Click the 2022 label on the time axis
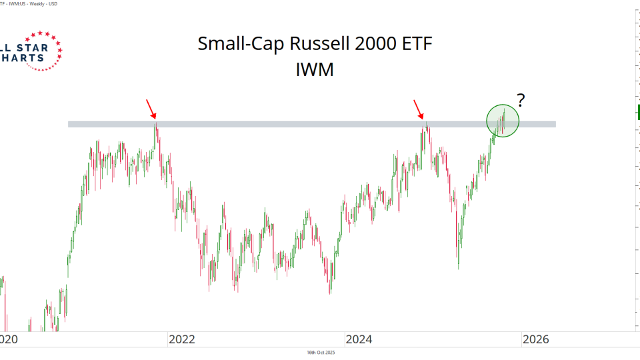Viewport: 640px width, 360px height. (181, 339)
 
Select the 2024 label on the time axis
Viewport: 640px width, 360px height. (359, 339)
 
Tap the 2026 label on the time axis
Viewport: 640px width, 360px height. (535, 339)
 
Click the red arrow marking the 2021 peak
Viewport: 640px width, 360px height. (151, 108)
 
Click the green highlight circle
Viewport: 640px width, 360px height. (502, 121)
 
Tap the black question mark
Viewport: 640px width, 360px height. (521, 101)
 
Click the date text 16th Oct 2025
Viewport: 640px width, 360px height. (321, 353)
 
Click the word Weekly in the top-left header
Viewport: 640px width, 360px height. (43, 3)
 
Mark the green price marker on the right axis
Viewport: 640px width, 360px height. (638, 111)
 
